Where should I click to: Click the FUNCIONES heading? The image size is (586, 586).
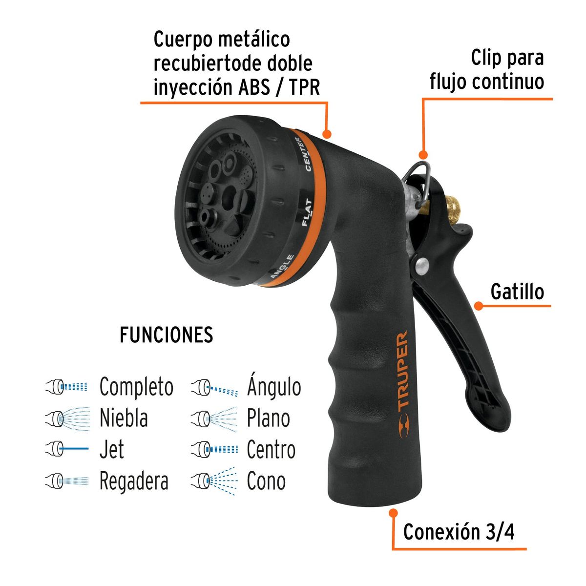click(166, 335)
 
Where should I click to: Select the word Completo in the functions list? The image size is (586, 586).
click(136, 387)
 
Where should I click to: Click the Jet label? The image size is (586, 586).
click(111, 450)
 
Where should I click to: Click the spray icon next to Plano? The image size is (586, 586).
click(214, 419)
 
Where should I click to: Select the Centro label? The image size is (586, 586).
click(271, 450)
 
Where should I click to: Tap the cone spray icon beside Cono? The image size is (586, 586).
click(214, 481)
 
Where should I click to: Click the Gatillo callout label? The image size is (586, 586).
click(517, 292)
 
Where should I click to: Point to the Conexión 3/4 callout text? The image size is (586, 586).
click(459, 532)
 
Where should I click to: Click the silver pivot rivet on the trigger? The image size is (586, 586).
click(420, 265)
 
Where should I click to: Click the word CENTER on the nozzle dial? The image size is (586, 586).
click(303, 154)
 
